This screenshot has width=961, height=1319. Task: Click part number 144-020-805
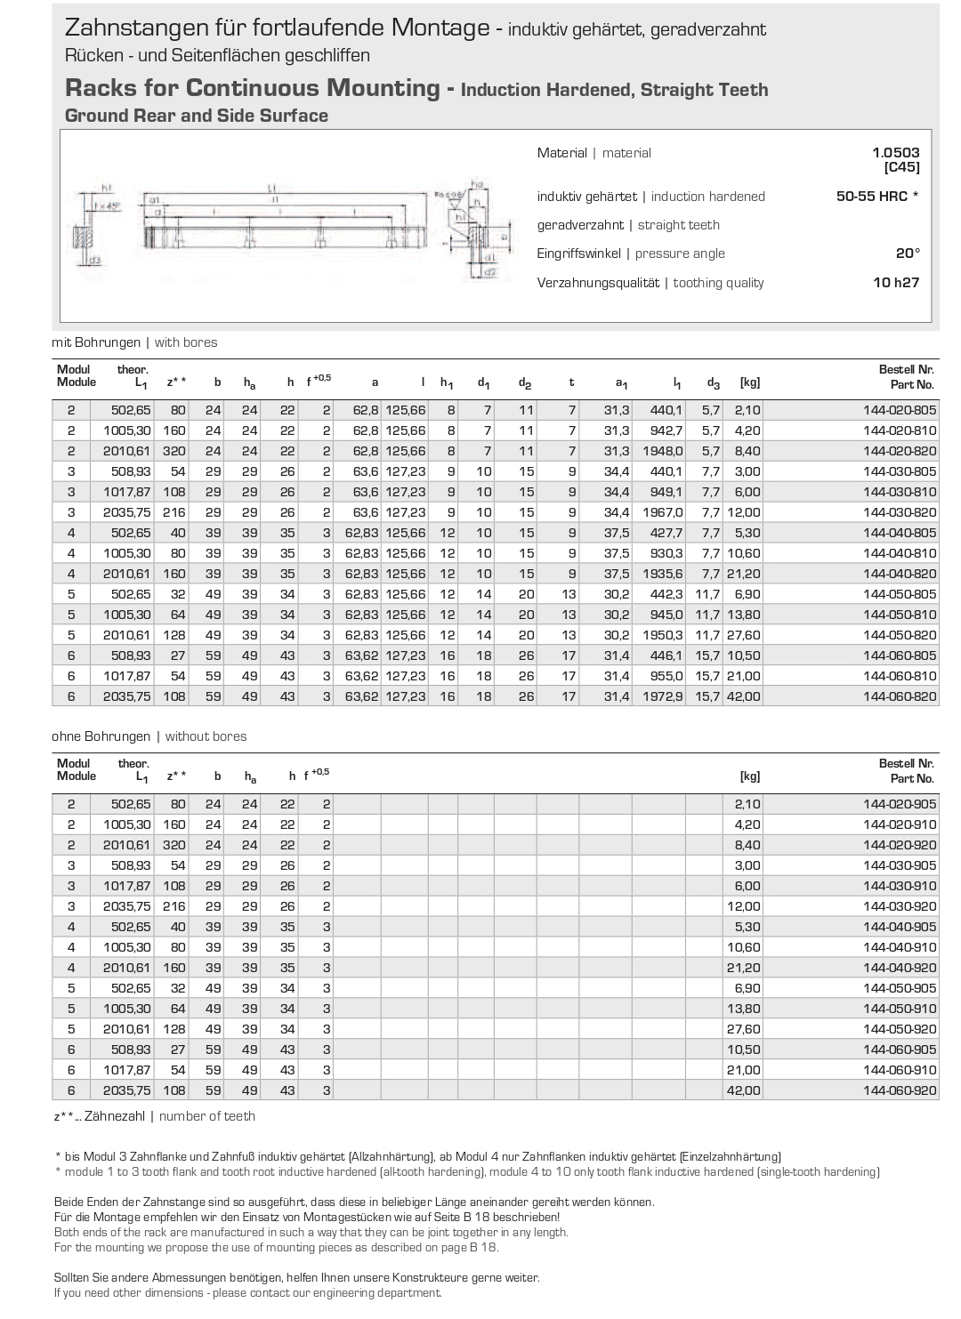900,410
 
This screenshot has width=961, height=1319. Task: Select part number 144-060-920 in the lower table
900,1090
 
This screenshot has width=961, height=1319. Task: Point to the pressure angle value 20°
907,253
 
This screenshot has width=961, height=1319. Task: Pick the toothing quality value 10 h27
895,283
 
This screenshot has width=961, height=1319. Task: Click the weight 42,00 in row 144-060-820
743,696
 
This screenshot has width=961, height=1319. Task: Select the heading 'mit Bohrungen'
96,342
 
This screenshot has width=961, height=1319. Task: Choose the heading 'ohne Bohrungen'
101,736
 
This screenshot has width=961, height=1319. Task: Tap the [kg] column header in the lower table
749,776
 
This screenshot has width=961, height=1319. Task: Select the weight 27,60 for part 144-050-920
744,1029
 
